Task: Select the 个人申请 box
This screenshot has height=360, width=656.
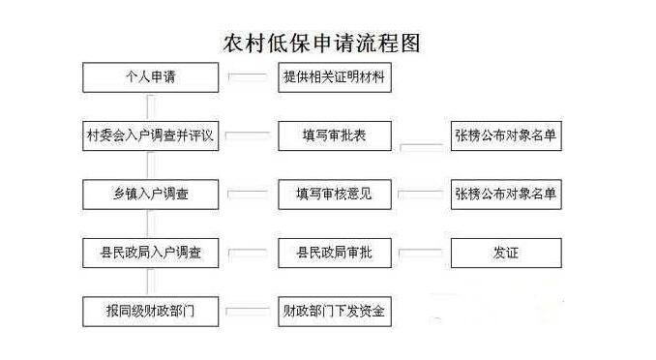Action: pyautogui.click(x=150, y=77)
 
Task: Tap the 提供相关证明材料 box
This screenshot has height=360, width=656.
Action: pyautogui.click(x=335, y=77)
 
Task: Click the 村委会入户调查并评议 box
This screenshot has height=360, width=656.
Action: pyautogui.click(x=150, y=135)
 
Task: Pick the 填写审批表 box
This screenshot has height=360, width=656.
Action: pyautogui.click(x=335, y=135)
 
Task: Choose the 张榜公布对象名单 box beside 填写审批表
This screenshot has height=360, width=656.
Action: pyautogui.click(x=505, y=135)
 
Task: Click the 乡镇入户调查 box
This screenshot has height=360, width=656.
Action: pyautogui.click(x=150, y=194)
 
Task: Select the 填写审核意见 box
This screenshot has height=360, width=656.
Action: pyautogui.click(x=335, y=194)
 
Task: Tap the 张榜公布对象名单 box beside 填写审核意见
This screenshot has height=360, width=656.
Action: pyautogui.click(x=505, y=194)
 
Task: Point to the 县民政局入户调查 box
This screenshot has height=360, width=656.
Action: pyautogui.click(x=150, y=253)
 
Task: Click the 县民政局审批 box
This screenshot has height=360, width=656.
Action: pyautogui.click(x=335, y=253)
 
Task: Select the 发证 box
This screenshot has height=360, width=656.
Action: pyautogui.click(x=505, y=253)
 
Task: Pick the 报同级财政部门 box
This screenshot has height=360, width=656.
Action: pyautogui.click(x=150, y=311)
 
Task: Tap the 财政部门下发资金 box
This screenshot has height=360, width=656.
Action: pyautogui.click(x=335, y=311)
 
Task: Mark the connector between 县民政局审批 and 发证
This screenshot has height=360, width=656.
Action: pyautogui.click(x=421, y=253)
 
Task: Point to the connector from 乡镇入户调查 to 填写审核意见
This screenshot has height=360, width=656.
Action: pyautogui.click(x=248, y=193)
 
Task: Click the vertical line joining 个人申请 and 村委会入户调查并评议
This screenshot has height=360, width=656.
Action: pyautogui.click(x=150, y=106)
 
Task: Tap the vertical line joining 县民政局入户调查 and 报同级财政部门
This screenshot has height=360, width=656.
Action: pyautogui.click(x=150, y=282)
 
